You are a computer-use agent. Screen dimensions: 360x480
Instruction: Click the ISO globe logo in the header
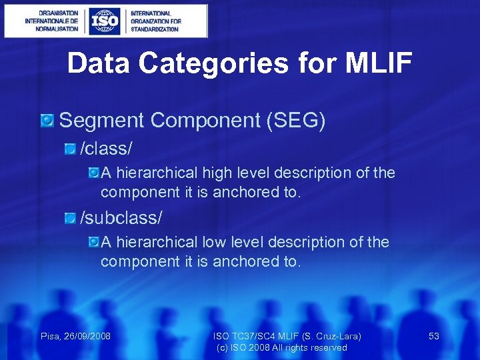[x=105, y=21]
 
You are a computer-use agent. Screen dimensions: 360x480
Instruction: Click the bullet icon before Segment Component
[x=47, y=121]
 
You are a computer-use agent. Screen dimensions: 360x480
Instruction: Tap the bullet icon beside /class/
[x=71, y=148]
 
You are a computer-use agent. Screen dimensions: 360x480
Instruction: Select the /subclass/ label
[x=121, y=217]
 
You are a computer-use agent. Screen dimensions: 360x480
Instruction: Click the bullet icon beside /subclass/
[x=71, y=218]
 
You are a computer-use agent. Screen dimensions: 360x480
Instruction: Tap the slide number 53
[x=434, y=336]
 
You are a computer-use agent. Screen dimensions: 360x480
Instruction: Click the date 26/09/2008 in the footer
[x=87, y=336]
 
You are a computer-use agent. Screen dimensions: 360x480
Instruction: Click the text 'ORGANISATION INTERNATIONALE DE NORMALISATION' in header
[x=51, y=21]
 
